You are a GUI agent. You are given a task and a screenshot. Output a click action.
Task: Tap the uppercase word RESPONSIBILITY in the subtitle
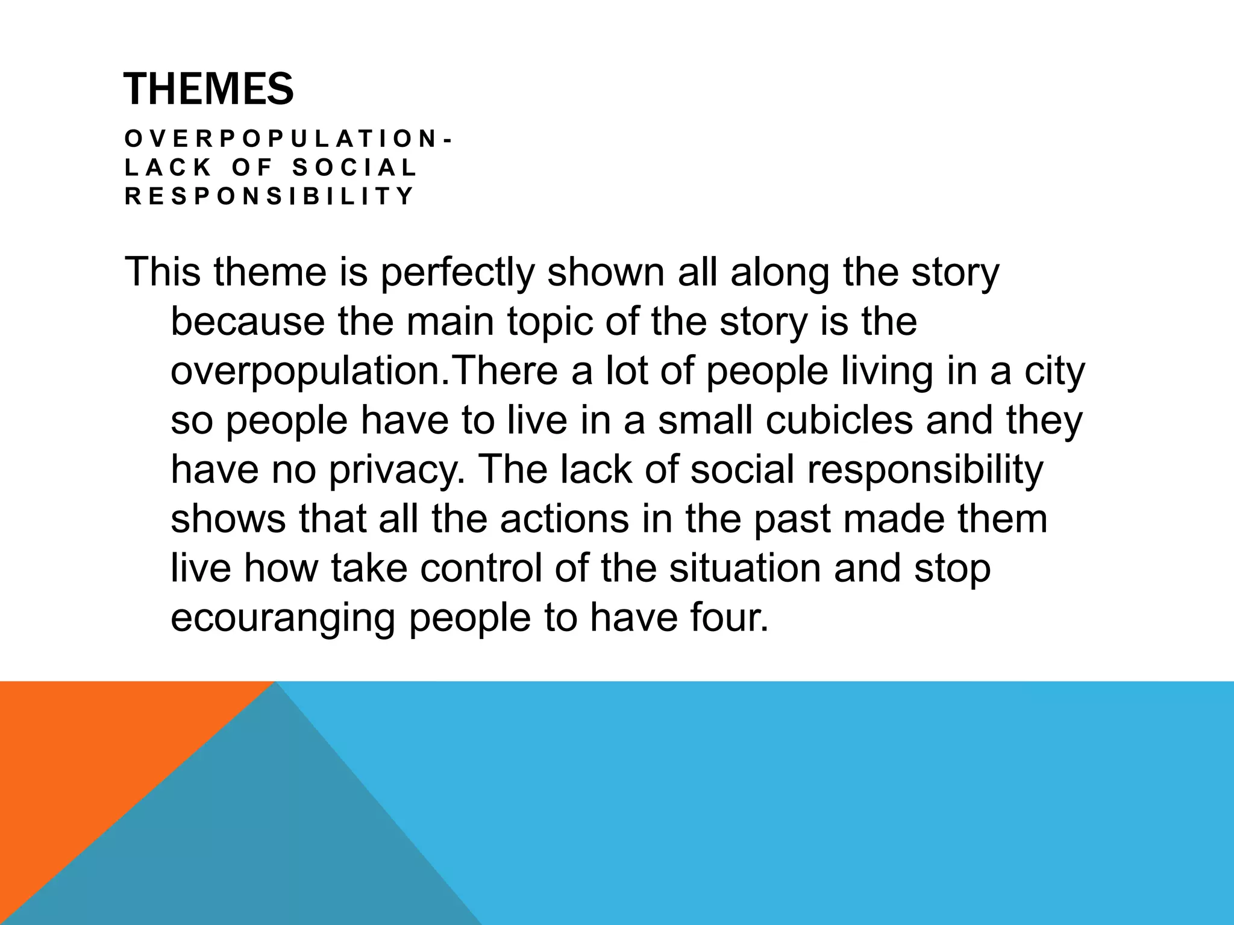[x=269, y=196]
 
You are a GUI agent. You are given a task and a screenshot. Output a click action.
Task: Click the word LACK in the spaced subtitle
[x=169, y=167]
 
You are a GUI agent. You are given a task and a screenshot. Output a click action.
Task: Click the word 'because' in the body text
[x=248, y=322]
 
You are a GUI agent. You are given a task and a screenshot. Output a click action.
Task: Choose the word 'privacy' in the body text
[x=395, y=470]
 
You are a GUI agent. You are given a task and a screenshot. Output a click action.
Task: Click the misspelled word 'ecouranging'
[x=283, y=618]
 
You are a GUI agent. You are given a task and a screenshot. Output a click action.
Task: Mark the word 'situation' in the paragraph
[x=745, y=568]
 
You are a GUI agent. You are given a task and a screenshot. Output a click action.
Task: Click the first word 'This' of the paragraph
[x=163, y=272]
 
